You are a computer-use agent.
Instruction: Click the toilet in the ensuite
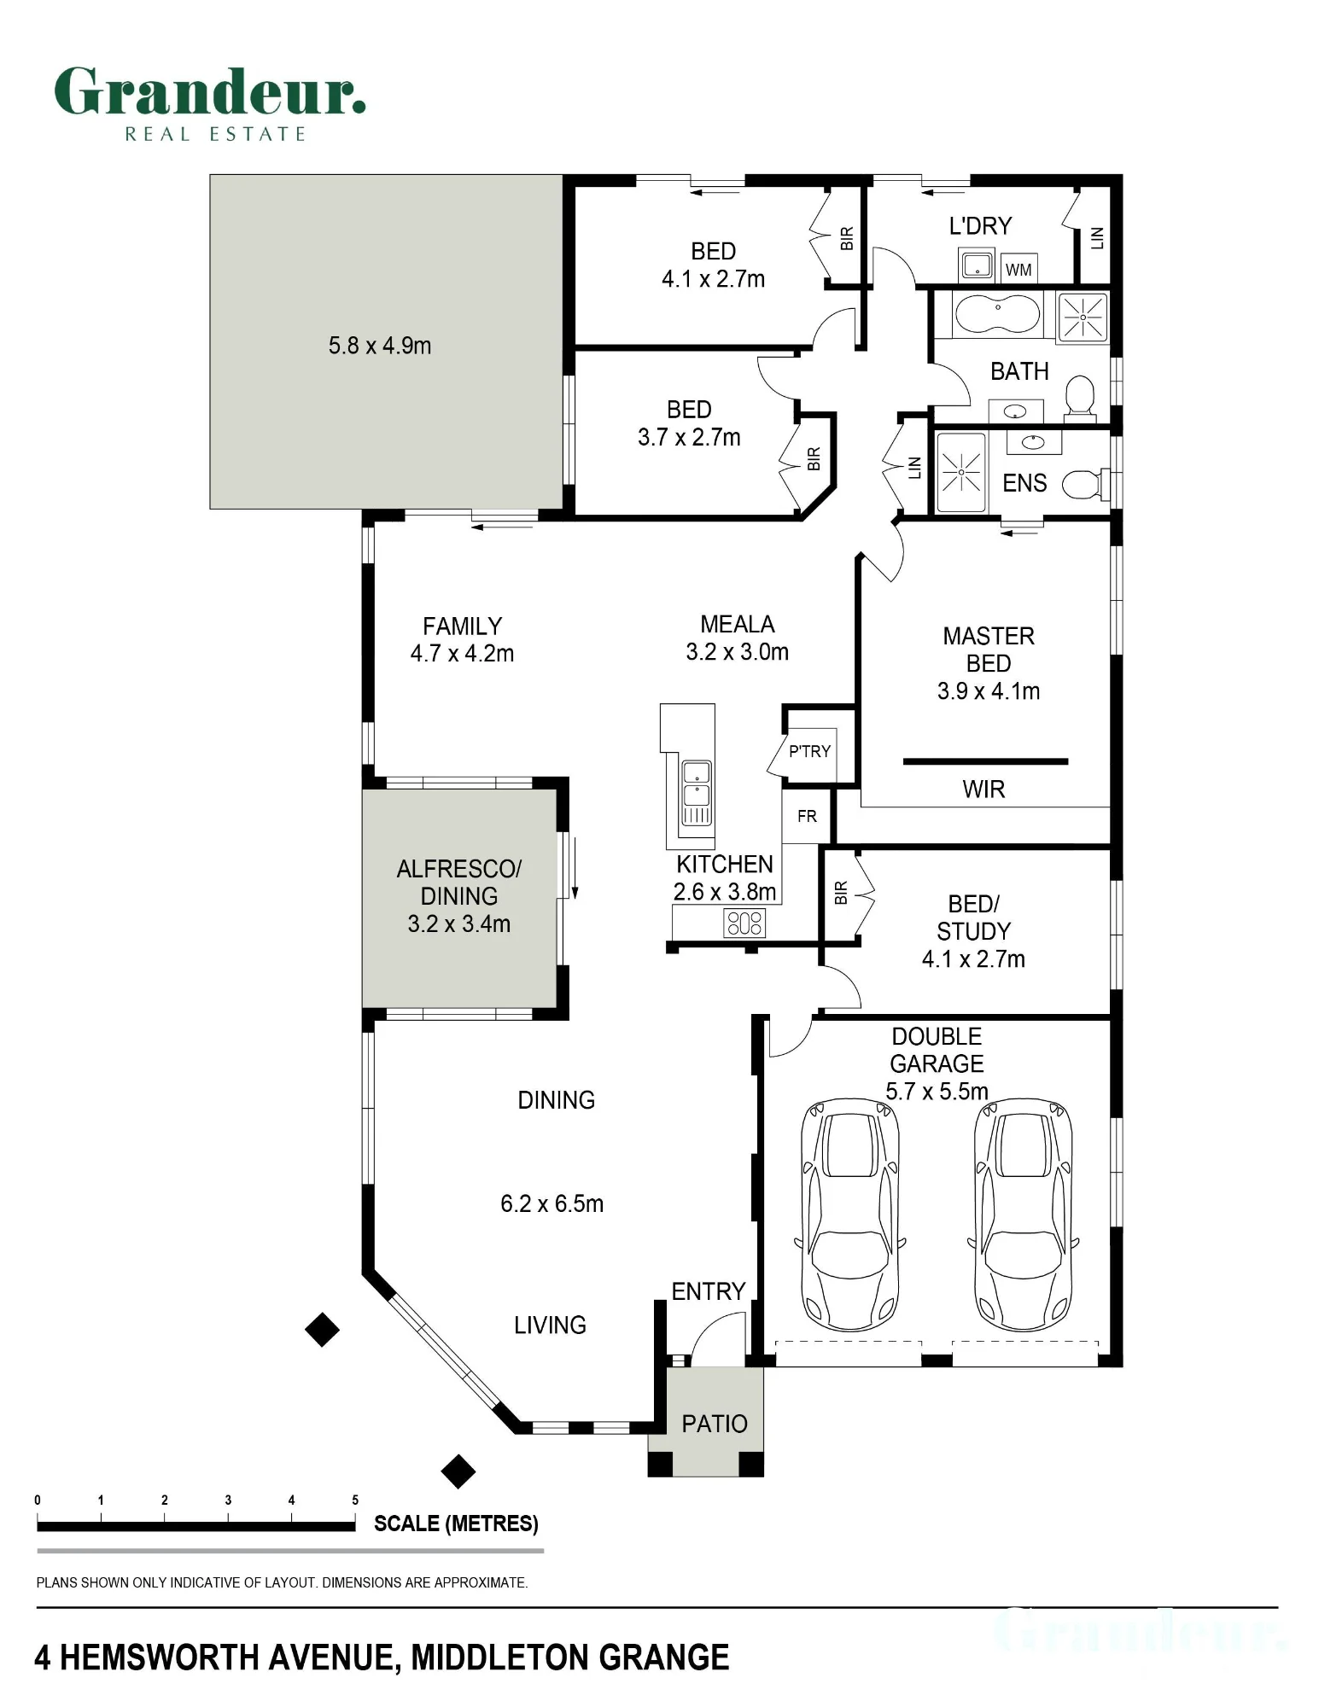[x=1083, y=485]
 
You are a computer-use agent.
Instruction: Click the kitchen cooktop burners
[x=744, y=923]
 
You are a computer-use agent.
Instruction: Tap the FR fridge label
[x=807, y=817]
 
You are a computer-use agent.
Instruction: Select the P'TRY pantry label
[x=809, y=751]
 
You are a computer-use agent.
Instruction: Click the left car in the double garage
[x=850, y=1215]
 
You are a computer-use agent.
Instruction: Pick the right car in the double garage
[x=1023, y=1215]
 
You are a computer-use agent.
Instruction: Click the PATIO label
[x=715, y=1424]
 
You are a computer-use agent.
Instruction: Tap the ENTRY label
[x=709, y=1291]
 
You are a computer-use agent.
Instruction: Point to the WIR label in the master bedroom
[x=983, y=789]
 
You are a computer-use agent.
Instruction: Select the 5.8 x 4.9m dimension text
[x=380, y=346]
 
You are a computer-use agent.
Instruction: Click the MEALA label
[x=738, y=625]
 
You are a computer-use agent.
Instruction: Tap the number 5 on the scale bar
[x=355, y=1500]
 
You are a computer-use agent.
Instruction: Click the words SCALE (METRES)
[x=456, y=1524]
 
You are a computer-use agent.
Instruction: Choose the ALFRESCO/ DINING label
[x=459, y=883]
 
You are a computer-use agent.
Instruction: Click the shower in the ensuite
[x=962, y=473]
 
